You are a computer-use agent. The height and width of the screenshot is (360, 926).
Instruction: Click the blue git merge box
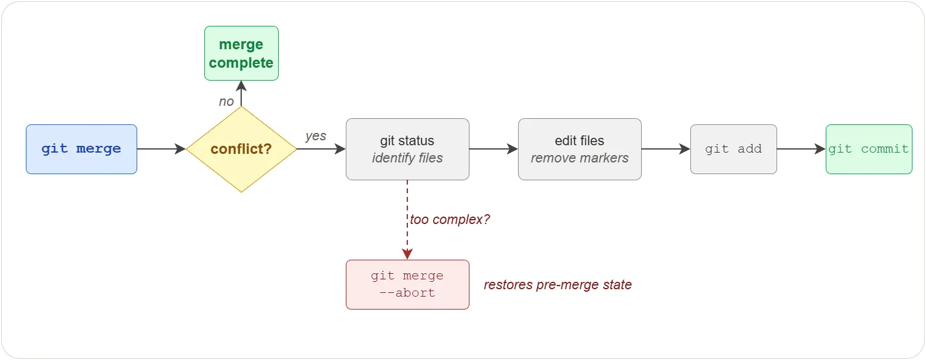(x=81, y=149)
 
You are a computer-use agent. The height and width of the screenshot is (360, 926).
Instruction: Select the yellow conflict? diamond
(x=241, y=149)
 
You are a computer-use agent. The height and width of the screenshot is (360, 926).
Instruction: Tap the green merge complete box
(x=241, y=54)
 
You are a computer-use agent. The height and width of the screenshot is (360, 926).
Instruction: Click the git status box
(x=407, y=149)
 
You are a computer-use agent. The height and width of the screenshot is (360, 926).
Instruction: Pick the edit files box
(x=580, y=149)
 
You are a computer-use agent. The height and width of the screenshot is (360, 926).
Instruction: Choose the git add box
(x=733, y=149)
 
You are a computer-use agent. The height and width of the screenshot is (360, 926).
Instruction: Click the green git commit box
(x=869, y=149)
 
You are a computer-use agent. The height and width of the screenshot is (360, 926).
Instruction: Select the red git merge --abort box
(x=407, y=284)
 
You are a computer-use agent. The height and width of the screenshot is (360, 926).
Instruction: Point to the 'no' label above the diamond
(x=226, y=102)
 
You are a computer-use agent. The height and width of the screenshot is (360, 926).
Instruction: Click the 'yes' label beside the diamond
(x=316, y=136)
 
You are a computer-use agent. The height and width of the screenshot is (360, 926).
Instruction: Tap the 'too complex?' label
(x=450, y=219)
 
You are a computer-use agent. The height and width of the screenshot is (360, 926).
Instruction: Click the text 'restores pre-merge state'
(x=557, y=285)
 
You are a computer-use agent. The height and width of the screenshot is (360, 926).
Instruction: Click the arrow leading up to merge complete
(x=241, y=94)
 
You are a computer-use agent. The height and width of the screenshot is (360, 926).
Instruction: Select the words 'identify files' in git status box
(x=407, y=158)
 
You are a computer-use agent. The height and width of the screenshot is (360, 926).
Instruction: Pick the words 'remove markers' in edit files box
(x=580, y=158)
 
